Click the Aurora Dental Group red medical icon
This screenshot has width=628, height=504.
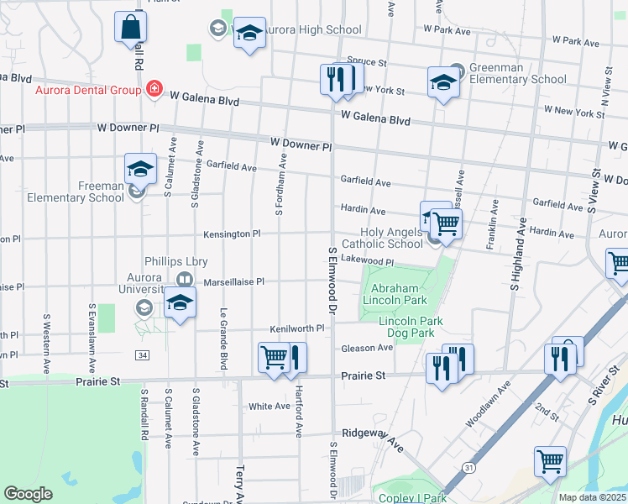(154, 88)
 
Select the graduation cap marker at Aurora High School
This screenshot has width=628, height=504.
(249, 34)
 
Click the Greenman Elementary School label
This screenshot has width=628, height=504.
(517, 74)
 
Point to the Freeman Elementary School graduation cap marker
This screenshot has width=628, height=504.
(140, 170)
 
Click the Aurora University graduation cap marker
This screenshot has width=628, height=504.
(179, 304)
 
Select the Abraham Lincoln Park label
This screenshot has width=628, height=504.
(394, 294)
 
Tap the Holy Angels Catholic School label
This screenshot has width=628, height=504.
(391, 239)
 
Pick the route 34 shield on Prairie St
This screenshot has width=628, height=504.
(142, 356)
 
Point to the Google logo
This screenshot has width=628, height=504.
(29, 494)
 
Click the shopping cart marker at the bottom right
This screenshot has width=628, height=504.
(550, 461)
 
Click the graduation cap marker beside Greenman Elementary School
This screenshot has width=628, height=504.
(444, 83)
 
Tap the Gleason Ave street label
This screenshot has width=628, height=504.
(367, 348)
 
